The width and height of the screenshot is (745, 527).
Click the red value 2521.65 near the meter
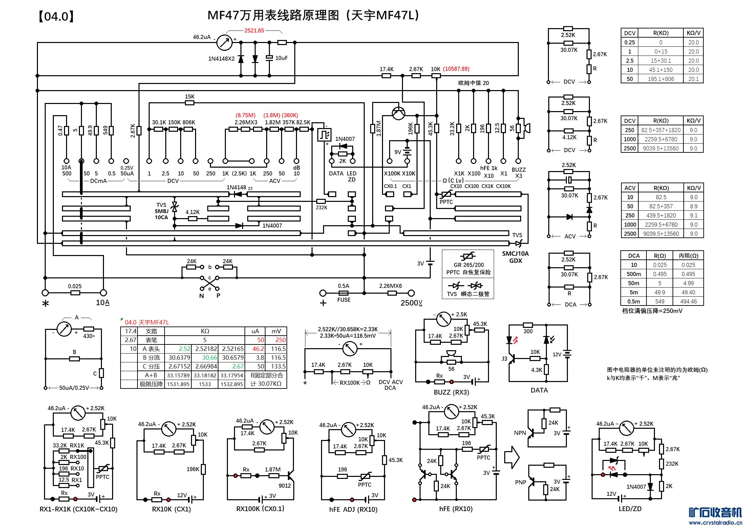pyautogui.click(x=254, y=30)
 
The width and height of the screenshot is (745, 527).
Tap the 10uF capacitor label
pyautogui.click(x=281, y=58)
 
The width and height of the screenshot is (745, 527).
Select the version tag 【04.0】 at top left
pyautogui.click(x=56, y=16)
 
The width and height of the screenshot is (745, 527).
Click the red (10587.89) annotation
pyautogui.click(x=456, y=69)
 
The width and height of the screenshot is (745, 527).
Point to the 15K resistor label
pyautogui.click(x=190, y=97)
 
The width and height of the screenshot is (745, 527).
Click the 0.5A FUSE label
pyautogui.click(x=344, y=293)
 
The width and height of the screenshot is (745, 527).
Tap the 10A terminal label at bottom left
pyautogui.click(x=103, y=302)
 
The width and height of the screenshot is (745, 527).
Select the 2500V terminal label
pyautogui.click(x=411, y=303)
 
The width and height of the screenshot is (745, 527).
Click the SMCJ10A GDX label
pyautogui.click(x=515, y=257)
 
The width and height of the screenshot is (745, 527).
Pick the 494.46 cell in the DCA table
pyautogui.click(x=688, y=301)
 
